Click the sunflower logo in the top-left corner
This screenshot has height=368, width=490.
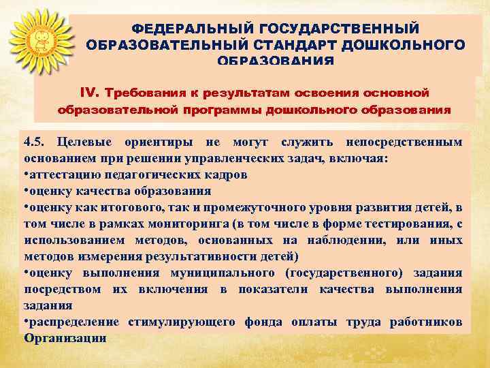tap(37, 42)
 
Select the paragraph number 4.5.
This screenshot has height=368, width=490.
tap(36, 142)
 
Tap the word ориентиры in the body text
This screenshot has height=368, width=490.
tap(154, 142)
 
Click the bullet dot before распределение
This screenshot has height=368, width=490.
tap(27, 322)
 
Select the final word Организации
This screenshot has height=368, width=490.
tap(65, 338)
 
